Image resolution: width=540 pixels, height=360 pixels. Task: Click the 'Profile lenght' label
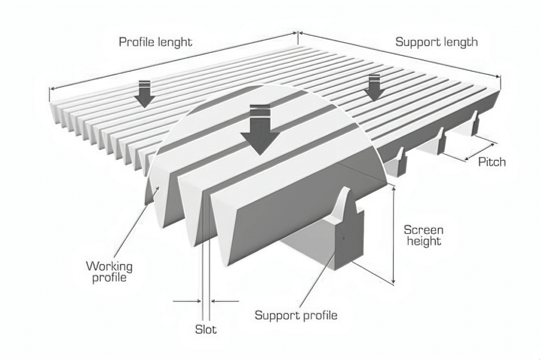point(155,42)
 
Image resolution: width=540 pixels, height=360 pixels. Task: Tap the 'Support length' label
point(437,42)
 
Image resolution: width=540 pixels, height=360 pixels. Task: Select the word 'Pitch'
point(491,162)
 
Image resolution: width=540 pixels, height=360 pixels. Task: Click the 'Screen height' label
point(423,236)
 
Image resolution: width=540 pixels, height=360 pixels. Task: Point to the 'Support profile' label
point(296,315)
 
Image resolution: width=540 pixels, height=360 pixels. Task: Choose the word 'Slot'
point(206,330)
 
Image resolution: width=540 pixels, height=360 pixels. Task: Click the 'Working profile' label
point(110,271)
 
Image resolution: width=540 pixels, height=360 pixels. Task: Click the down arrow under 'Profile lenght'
point(143,94)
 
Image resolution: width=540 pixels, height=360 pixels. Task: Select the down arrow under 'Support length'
point(374,87)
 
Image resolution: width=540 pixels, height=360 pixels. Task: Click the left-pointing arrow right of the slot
point(225,301)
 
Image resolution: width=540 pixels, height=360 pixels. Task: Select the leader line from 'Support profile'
point(316,279)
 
